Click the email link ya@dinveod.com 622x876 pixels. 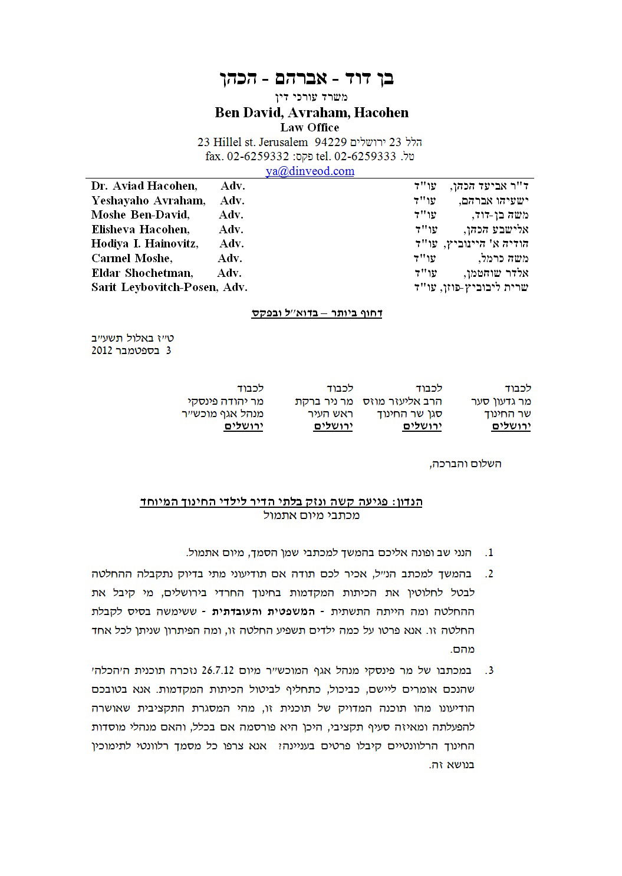(x=310, y=171)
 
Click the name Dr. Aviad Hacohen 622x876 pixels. (x=144, y=186)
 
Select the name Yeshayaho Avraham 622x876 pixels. (x=148, y=200)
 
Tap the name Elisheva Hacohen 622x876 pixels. (x=140, y=230)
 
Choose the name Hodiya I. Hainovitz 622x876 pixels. (x=144, y=244)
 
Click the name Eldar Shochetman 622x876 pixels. (x=141, y=273)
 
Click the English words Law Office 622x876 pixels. (x=310, y=127)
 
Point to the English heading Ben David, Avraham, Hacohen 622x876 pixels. (x=311, y=113)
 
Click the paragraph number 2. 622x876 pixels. (x=489, y=573)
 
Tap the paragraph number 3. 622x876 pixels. (x=489, y=670)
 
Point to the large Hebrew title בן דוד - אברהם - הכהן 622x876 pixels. (x=310, y=78)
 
